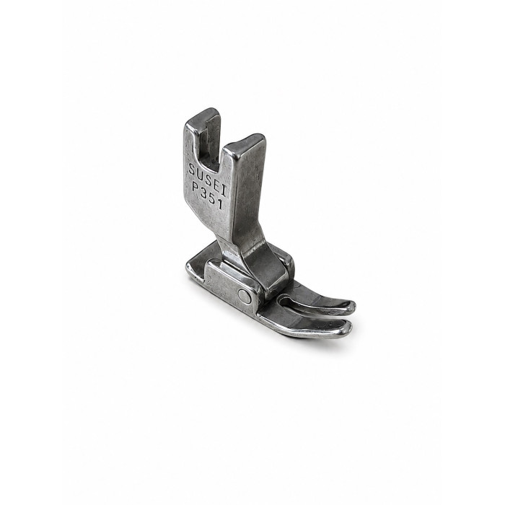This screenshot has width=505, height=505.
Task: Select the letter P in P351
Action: [196, 187]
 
